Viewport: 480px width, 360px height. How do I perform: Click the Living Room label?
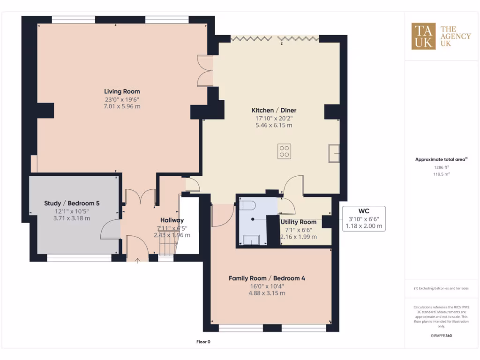click(x=122, y=91)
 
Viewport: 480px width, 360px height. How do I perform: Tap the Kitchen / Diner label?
click(x=274, y=111)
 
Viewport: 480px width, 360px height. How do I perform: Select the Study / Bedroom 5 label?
click(x=72, y=203)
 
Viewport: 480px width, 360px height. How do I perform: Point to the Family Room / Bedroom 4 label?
click(x=267, y=278)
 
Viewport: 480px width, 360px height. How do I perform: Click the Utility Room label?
click(x=298, y=222)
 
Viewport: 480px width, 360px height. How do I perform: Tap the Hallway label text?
click(x=172, y=220)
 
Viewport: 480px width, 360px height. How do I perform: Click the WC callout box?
click(x=364, y=218)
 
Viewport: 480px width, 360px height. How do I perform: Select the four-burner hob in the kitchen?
click(x=284, y=151)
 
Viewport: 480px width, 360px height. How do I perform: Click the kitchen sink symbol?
click(x=334, y=153)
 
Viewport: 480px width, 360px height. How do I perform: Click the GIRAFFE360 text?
click(x=441, y=336)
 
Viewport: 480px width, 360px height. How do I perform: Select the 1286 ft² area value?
click(x=441, y=167)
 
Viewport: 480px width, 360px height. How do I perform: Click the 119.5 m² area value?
click(x=441, y=174)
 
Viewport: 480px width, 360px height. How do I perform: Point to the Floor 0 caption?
click(x=203, y=342)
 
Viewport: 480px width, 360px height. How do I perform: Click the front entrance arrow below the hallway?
click(x=137, y=260)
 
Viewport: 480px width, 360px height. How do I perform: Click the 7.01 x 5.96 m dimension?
click(x=122, y=106)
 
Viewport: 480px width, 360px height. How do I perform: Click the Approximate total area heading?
click(x=441, y=159)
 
